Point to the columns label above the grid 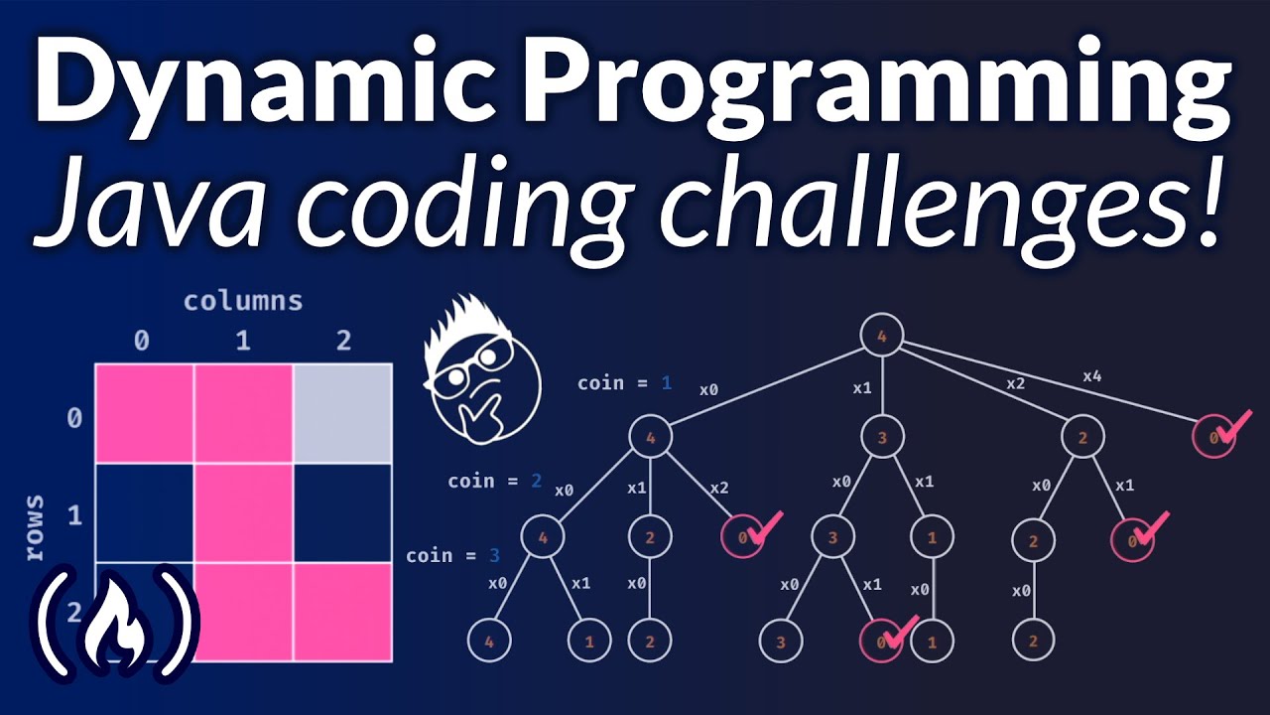click(x=243, y=301)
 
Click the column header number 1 click(x=243, y=342)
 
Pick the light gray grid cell click(x=342, y=413)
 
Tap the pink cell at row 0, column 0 click(x=144, y=413)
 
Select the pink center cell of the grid click(x=243, y=511)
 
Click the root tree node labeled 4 click(x=881, y=336)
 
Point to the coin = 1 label click(x=625, y=382)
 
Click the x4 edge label click(x=1091, y=376)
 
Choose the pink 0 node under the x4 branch click(x=1212, y=436)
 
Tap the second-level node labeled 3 click(x=881, y=436)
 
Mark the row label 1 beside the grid click(x=73, y=515)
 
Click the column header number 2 click(x=343, y=342)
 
